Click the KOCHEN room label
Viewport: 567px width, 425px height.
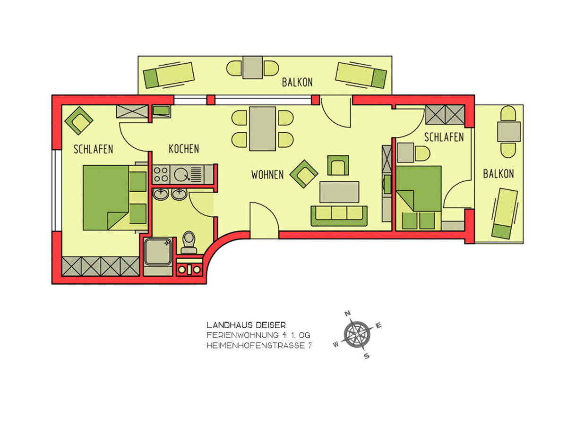pyautogui.click(x=184, y=149)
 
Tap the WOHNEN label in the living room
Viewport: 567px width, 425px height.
pyautogui.click(x=267, y=175)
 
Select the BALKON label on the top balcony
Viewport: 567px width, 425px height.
pyautogui.click(x=297, y=82)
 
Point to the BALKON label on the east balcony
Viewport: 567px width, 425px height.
pyautogui.click(x=498, y=174)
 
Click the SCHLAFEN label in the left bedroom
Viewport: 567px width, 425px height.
pyautogui.click(x=93, y=149)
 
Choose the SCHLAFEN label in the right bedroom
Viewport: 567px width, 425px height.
pyautogui.click(x=444, y=137)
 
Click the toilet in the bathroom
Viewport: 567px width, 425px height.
pyautogui.click(x=189, y=242)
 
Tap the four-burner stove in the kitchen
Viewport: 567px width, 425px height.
pyautogui.click(x=161, y=175)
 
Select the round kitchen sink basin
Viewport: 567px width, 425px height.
pyautogui.click(x=182, y=175)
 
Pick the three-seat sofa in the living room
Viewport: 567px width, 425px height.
pyautogui.click(x=339, y=216)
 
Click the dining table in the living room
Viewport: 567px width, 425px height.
pyautogui.click(x=262, y=128)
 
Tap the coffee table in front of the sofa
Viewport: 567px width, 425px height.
pyautogui.click(x=339, y=192)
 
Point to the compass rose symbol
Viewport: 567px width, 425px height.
pyautogui.click(x=357, y=335)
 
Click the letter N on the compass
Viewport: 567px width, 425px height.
pyautogui.click(x=348, y=314)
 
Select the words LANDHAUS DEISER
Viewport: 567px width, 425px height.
pyautogui.click(x=246, y=325)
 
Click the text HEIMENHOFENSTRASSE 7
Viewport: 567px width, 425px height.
pyautogui.click(x=259, y=345)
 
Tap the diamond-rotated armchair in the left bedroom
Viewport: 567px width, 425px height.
pyautogui.click(x=78, y=120)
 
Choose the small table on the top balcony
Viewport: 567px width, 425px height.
pyautogui.click(x=253, y=68)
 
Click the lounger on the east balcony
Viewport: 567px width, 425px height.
pyautogui.click(x=505, y=213)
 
